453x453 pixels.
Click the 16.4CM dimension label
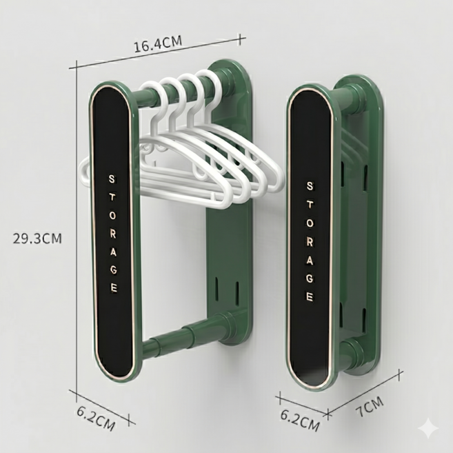pyautogui.click(x=158, y=44)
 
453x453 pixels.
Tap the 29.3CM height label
pyautogui.click(x=37, y=239)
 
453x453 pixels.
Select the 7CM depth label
pyautogui.click(x=370, y=407)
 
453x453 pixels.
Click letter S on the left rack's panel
pyautogui.click(x=112, y=179)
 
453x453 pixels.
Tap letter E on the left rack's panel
pyautogui.click(x=114, y=288)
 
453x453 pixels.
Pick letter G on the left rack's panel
pyautogui.click(x=114, y=270)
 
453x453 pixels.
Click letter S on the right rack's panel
pyautogui.click(x=310, y=186)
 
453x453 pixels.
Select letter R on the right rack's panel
pyautogui.click(x=310, y=242)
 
